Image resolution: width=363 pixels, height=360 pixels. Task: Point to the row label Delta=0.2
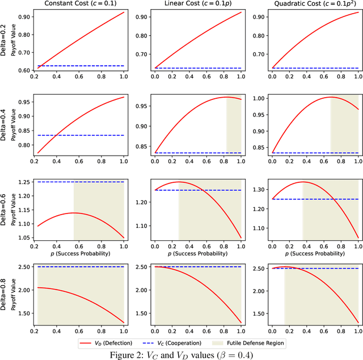click(5, 39)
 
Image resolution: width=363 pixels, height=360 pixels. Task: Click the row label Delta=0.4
click(5, 124)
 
